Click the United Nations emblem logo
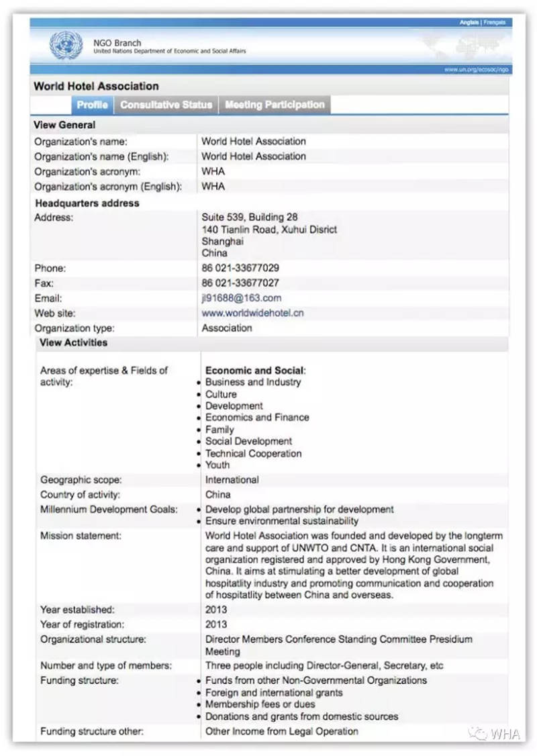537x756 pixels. point(66,46)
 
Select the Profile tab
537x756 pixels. point(92,105)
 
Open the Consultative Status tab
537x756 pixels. point(166,105)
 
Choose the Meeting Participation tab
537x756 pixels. point(275,105)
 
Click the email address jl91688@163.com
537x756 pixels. point(242,298)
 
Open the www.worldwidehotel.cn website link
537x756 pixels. point(252,314)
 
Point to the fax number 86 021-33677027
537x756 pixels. point(240,283)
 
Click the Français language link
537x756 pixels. point(494,23)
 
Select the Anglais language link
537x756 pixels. point(469,23)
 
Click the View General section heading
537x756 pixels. point(64,125)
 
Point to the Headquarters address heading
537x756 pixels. point(87,203)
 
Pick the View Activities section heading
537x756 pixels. point(73,342)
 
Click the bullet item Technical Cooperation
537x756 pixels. point(253,453)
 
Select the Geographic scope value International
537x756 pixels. point(232,480)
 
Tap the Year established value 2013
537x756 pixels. point(216,610)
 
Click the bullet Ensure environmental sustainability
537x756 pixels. point(282,521)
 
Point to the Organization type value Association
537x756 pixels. point(227,328)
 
